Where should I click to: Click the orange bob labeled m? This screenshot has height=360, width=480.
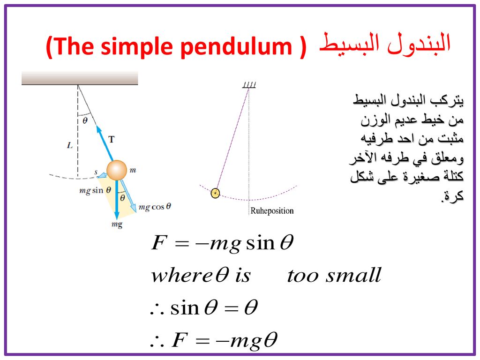(x=117, y=170)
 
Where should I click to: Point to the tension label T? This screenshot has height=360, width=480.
(x=112, y=139)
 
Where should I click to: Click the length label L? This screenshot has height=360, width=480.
(x=70, y=145)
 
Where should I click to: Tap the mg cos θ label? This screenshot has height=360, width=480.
(x=155, y=207)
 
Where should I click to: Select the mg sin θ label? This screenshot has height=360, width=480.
(x=95, y=190)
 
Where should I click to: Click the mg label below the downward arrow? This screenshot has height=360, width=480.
(x=117, y=225)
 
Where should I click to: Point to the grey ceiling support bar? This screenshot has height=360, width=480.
(x=80, y=78)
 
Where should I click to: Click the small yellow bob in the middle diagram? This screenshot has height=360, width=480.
(x=215, y=193)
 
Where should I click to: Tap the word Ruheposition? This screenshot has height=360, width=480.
(x=272, y=210)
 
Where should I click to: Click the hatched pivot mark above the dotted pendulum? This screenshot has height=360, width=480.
(x=249, y=85)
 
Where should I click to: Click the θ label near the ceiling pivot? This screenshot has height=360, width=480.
(x=85, y=120)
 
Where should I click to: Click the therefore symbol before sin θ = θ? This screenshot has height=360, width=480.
(x=157, y=309)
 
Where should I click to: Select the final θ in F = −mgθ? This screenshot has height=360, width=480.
(x=270, y=340)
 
